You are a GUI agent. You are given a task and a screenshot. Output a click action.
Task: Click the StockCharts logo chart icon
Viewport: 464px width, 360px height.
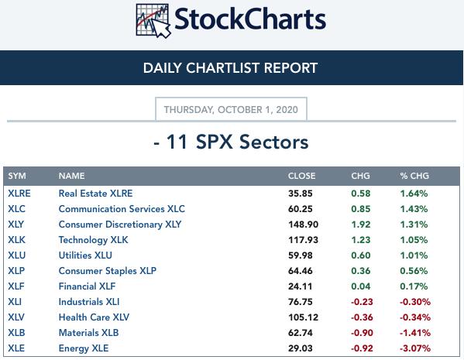click(x=153, y=21)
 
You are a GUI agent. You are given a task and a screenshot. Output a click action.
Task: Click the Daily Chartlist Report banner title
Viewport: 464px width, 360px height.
click(x=230, y=67)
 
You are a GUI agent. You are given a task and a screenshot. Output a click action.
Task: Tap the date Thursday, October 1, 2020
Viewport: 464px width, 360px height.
click(x=231, y=109)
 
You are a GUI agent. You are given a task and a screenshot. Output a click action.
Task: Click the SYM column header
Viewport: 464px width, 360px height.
click(x=17, y=176)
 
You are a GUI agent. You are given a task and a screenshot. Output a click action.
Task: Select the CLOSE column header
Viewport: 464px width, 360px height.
click(x=301, y=176)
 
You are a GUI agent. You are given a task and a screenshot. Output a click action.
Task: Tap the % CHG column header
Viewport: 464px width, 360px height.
click(x=414, y=176)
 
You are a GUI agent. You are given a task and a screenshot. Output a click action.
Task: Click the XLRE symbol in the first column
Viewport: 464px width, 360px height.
click(x=19, y=194)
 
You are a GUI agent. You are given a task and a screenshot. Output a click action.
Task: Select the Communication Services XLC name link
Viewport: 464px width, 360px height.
click(x=122, y=209)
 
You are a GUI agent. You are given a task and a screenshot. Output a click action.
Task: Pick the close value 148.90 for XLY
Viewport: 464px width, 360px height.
click(x=304, y=225)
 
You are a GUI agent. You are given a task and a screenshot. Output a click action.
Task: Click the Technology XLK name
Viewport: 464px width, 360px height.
click(x=93, y=240)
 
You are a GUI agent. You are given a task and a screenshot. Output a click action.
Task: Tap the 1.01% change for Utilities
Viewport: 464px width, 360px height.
click(x=414, y=255)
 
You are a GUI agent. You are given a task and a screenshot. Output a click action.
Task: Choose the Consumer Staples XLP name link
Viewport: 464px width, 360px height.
click(x=108, y=271)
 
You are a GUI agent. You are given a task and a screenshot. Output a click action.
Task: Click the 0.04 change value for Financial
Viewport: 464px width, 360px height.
click(x=361, y=286)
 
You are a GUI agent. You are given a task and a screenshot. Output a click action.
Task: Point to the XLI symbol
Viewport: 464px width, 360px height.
click(x=15, y=302)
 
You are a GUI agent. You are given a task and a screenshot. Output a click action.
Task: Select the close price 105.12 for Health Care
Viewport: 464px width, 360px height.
click(x=304, y=317)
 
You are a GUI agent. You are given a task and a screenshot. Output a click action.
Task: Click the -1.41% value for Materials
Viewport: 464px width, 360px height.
click(x=415, y=333)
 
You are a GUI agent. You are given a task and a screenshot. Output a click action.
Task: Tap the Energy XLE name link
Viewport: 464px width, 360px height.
click(x=84, y=348)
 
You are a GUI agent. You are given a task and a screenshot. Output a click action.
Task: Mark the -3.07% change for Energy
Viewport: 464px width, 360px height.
click(x=415, y=348)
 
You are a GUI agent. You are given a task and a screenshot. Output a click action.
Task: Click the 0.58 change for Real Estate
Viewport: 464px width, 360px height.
click(x=361, y=194)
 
